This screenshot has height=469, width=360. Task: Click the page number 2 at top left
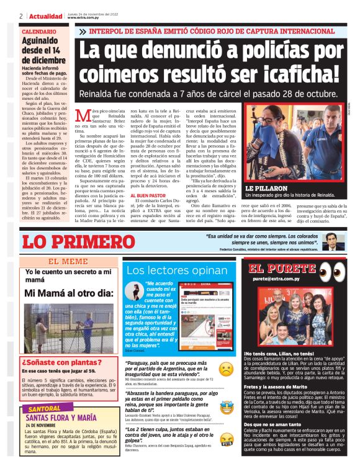click(22, 16)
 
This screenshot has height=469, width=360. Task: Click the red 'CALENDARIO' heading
click(38, 31)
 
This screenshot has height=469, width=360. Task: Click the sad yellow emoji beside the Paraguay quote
click(227, 368)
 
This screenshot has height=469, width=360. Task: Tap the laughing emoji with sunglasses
click(227, 407)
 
